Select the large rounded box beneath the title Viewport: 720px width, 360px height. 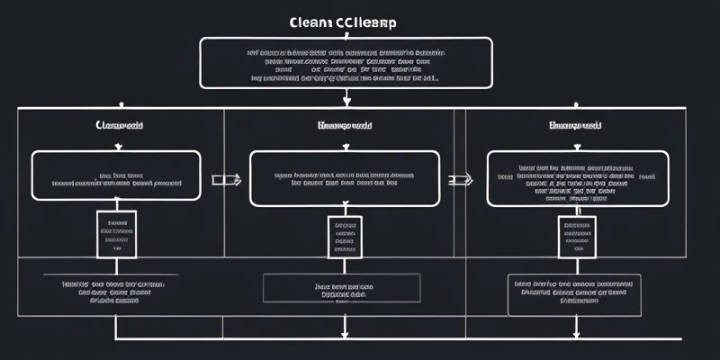click(x=346, y=63)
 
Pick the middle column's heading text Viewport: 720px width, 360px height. click(x=344, y=126)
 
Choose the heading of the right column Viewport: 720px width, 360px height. click(x=575, y=126)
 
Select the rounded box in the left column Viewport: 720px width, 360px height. click(x=116, y=175)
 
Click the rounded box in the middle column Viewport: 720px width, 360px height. click(x=344, y=177)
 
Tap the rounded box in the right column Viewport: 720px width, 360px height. click(x=578, y=177)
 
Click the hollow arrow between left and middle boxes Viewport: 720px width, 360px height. click(x=226, y=180)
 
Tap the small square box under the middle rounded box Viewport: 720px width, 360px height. click(x=344, y=237)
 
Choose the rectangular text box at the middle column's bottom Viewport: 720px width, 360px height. click(x=344, y=288)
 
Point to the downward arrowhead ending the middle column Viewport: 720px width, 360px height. click(x=344, y=334)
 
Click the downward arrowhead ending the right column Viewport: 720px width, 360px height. click(x=575, y=334)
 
